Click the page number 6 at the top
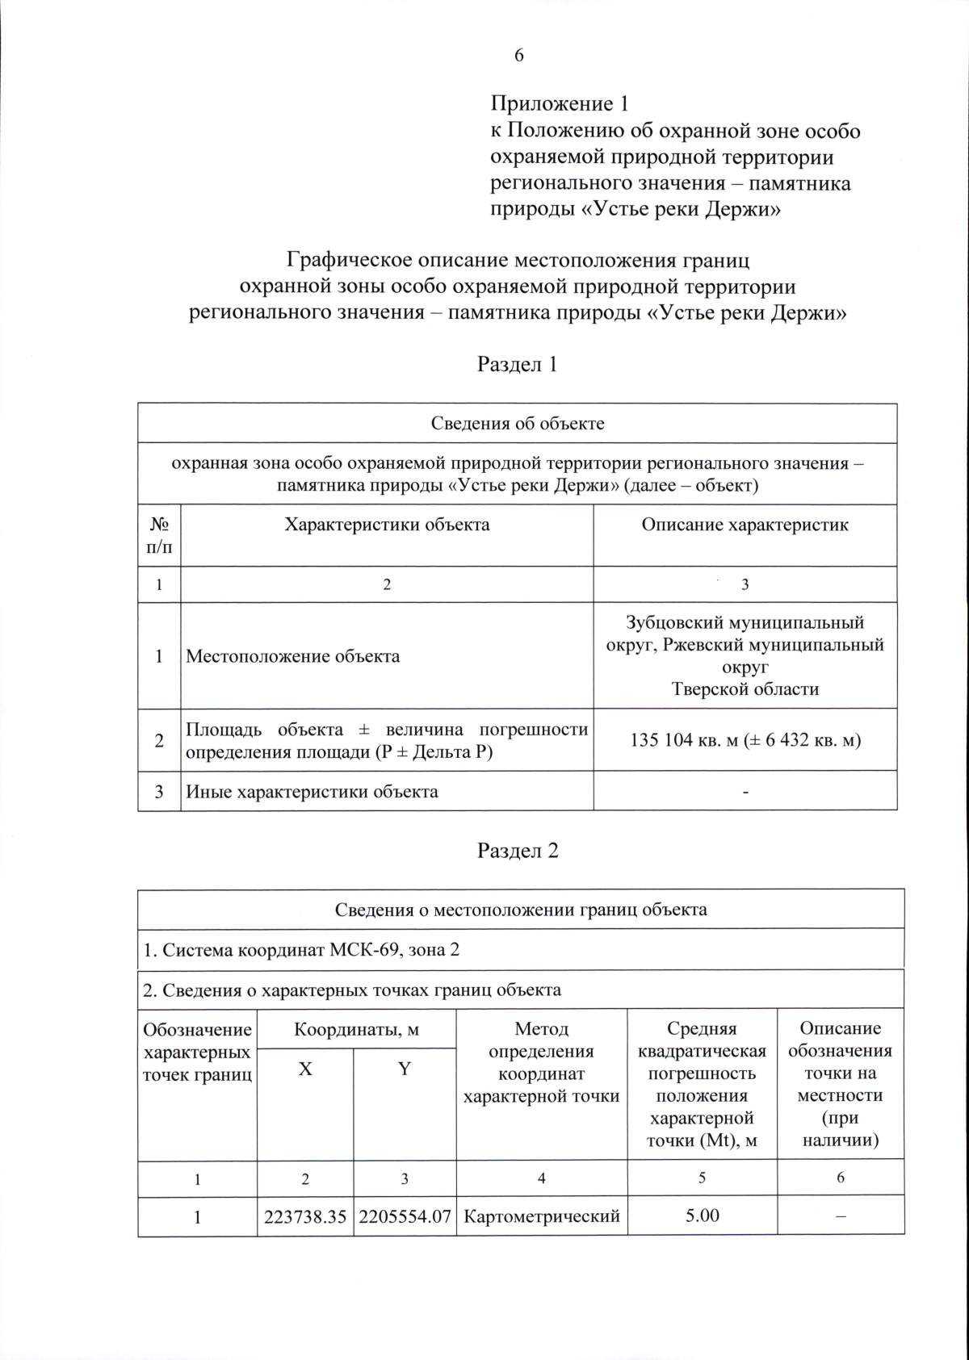[518, 55]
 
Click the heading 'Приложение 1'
[559, 104]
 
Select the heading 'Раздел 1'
[518, 365]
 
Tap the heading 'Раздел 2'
[518, 852]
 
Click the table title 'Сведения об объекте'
[517, 424]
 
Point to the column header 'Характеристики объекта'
[387, 525]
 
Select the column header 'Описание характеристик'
[745, 525]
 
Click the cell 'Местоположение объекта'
[293, 656]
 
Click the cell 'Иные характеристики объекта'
[313, 791]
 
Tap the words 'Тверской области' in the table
[745, 689]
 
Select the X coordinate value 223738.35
[305, 1216]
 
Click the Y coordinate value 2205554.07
[405, 1216]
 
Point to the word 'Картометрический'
[542, 1216]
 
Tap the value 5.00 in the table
[702, 1216]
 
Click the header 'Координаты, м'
[356, 1029]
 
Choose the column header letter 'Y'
[405, 1069]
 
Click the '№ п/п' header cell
[159, 535]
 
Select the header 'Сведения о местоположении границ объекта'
[521, 910]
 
